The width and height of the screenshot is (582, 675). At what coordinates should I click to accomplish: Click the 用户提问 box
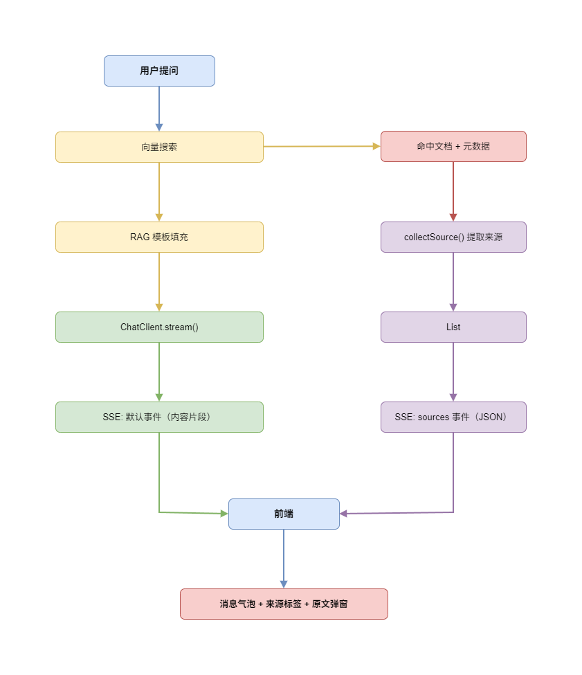click(x=159, y=71)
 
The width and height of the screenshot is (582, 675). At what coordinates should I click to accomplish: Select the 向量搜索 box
click(x=159, y=147)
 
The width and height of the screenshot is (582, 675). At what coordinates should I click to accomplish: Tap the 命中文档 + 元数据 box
click(x=453, y=146)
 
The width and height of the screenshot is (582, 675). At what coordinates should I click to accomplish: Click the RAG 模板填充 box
click(x=159, y=237)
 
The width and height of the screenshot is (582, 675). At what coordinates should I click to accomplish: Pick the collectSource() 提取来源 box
click(x=453, y=237)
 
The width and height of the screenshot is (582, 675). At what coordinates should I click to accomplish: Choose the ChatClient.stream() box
click(x=159, y=327)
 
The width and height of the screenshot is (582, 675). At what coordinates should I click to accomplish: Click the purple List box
click(x=453, y=327)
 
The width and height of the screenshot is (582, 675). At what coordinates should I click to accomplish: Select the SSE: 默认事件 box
click(x=159, y=417)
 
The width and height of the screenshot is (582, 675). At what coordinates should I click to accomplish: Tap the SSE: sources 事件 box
click(x=453, y=417)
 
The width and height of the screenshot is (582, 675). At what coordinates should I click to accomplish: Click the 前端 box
click(x=284, y=514)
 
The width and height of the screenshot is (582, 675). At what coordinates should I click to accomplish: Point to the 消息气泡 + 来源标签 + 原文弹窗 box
click(x=284, y=604)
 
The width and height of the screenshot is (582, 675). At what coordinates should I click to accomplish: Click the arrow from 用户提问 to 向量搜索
click(x=159, y=107)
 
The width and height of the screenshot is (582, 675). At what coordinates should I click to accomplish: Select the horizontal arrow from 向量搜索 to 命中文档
click(x=322, y=146)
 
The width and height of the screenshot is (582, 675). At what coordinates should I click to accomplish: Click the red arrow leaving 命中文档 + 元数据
click(x=453, y=190)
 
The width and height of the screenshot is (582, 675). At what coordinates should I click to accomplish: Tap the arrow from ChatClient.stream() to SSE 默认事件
click(x=159, y=371)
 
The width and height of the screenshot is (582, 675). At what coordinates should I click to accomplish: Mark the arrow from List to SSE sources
click(x=453, y=371)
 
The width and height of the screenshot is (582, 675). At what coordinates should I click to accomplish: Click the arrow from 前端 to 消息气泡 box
click(x=284, y=558)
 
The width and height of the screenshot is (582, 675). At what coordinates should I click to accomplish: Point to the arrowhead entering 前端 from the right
click(x=344, y=514)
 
